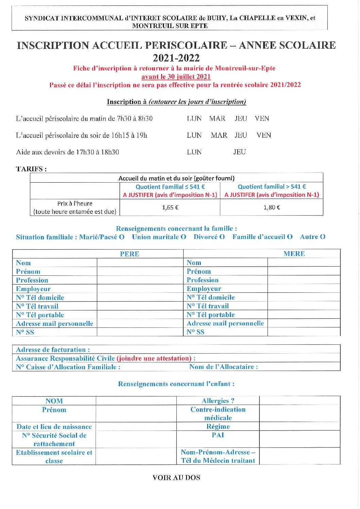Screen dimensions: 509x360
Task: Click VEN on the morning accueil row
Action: [x=262, y=118]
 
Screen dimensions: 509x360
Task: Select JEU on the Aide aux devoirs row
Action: [x=239, y=152]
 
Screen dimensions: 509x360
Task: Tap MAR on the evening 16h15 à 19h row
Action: [x=219, y=135]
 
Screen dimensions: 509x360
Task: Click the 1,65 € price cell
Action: [x=170, y=207]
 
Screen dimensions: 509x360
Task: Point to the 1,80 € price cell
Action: [x=272, y=207]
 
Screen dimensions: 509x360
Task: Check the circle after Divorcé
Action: [x=222, y=237]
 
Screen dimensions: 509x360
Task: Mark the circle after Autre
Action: [x=323, y=237]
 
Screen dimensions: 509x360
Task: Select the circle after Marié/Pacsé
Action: [x=122, y=237]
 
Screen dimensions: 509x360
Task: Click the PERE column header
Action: [x=130, y=254]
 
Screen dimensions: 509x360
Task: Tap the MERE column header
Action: [x=294, y=254]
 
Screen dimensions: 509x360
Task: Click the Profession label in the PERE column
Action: [x=32, y=280]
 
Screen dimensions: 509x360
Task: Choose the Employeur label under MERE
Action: [x=204, y=289]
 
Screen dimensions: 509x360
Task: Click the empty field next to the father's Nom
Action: [x=140, y=263]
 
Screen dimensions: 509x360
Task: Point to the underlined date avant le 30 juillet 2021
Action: [x=176, y=77]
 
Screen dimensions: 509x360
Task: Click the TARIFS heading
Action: [x=31, y=169]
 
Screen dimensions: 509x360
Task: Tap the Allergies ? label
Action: [x=218, y=401]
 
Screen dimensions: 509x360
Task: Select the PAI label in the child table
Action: [x=218, y=435]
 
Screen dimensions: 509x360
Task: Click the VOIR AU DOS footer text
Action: [x=176, y=477]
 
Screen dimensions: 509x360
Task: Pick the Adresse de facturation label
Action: [x=53, y=350]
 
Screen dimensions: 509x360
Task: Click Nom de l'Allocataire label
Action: [x=223, y=367]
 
